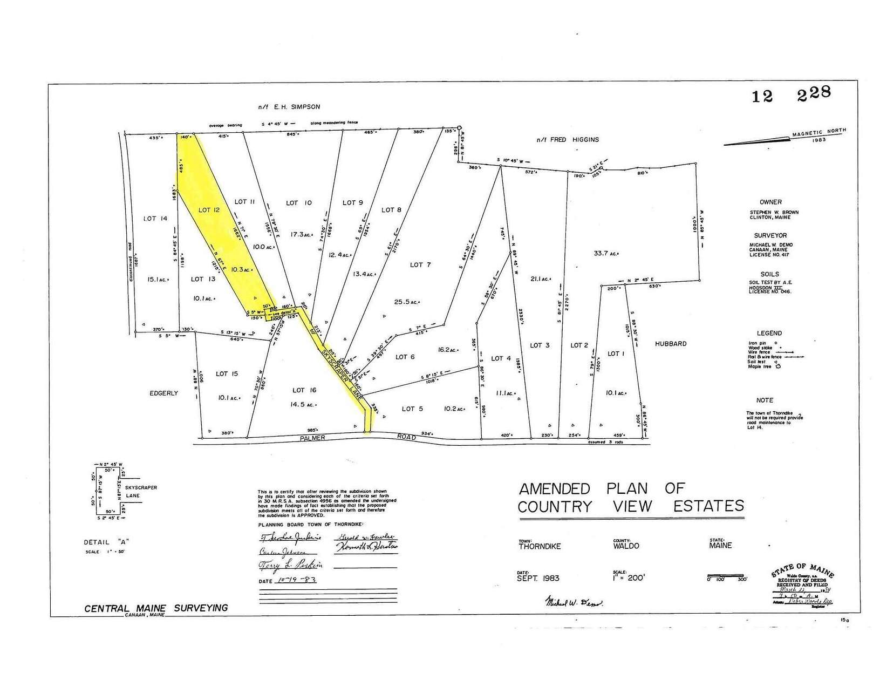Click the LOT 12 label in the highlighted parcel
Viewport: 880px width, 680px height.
click(208, 210)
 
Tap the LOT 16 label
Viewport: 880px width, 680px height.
click(304, 390)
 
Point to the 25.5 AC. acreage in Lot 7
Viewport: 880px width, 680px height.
click(407, 302)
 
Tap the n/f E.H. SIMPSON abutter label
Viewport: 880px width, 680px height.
click(289, 107)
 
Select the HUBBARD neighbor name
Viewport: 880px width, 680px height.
click(671, 344)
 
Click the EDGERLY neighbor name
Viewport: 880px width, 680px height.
click(164, 393)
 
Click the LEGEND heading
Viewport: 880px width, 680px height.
click(769, 334)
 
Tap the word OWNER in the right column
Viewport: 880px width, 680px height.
click(770, 202)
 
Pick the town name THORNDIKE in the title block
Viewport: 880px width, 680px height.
click(540, 546)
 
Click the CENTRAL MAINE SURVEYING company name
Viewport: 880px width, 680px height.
click(156, 608)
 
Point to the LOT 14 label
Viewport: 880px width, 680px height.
click(155, 219)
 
